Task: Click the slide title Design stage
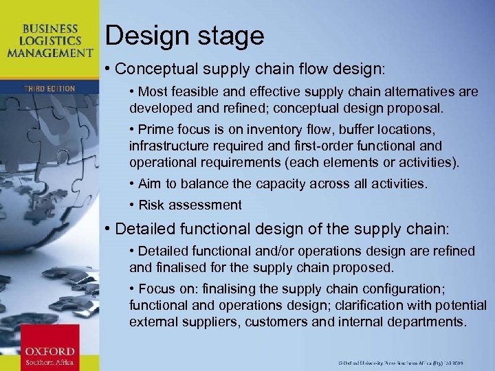(185, 36)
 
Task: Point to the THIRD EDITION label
(49, 89)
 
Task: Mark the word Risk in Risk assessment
(152, 205)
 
